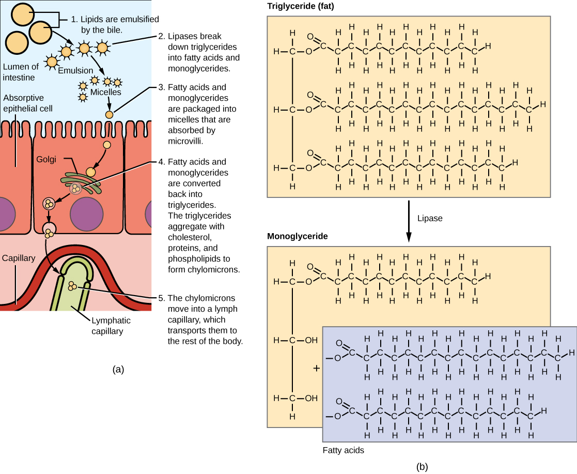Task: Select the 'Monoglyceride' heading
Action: coord(294,236)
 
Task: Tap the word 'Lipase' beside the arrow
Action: coord(430,218)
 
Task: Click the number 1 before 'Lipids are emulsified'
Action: coord(74,20)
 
